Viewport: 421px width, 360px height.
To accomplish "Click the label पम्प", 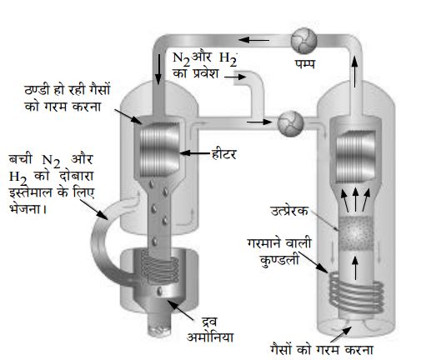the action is pos(305,64).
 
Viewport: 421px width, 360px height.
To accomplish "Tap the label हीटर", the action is pos(224,153).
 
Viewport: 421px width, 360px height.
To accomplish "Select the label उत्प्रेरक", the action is pos(289,211).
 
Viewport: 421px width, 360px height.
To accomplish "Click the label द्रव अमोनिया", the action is pos(210,330).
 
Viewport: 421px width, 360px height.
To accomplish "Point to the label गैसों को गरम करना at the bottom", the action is pos(321,349).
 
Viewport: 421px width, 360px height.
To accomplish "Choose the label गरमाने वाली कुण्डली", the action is pos(278,252).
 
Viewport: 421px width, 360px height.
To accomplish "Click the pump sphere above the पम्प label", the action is pos(303,41).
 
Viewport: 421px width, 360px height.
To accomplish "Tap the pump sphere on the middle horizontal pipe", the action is pos(290,123).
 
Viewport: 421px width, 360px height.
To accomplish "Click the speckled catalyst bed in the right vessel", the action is pos(356,232).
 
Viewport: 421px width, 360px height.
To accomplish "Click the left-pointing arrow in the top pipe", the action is pos(253,40).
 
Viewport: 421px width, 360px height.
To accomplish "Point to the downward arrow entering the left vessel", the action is pos(158,69).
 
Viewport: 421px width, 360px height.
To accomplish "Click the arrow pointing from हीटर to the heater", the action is pos(195,152).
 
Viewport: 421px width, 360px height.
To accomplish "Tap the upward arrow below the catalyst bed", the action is pos(355,268).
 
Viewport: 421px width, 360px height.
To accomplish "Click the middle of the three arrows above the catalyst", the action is pos(355,199).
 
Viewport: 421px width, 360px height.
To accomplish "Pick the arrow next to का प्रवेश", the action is pos(235,77).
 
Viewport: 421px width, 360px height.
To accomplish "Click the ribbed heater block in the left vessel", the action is pos(159,148).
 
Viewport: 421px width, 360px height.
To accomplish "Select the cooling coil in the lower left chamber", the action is pos(159,267).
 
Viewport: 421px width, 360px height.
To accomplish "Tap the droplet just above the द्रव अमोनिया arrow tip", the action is pos(159,291).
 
